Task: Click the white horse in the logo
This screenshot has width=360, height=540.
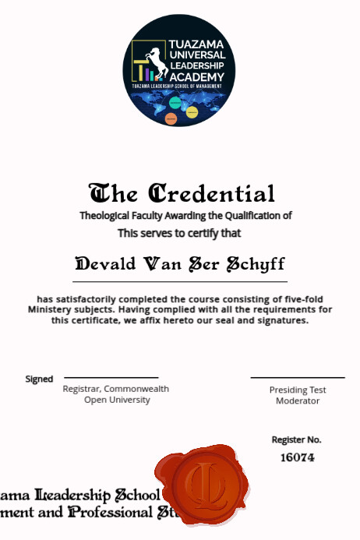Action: (157, 64)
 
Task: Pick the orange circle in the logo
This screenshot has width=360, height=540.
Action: (171, 118)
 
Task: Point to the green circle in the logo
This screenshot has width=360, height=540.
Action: (175, 102)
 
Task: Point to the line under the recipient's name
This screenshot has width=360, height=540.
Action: (180, 281)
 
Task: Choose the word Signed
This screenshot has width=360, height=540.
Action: (39, 379)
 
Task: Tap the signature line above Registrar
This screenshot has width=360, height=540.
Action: (111, 377)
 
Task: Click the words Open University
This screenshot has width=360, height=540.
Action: (117, 400)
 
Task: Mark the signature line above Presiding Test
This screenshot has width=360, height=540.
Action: (297, 378)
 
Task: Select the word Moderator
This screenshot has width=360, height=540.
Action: (297, 401)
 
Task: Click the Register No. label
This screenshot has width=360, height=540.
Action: (296, 439)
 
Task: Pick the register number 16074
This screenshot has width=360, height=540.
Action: (297, 457)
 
